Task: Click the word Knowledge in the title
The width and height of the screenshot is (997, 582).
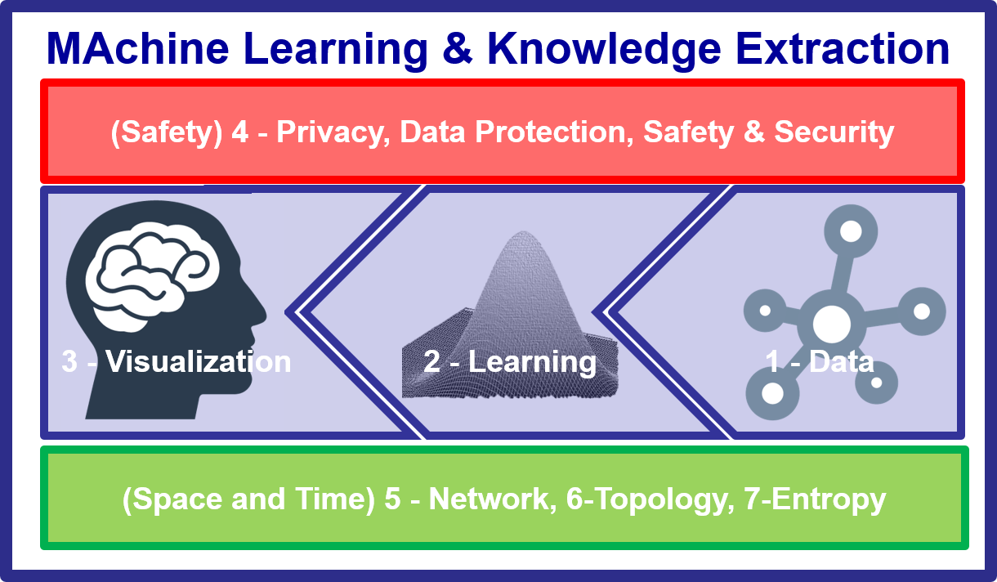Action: [x=605, y=49]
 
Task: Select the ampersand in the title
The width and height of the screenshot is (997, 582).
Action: [x=458, y=48]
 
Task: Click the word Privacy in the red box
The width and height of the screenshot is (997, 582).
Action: [x=333, y=132]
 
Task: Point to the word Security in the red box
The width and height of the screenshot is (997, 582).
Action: [x=834, y=132]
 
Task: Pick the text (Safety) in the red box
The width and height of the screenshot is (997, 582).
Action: [x=167, y=132]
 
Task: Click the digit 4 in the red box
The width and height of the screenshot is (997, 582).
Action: [x=240, y=132]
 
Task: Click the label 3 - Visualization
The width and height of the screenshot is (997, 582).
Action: [x=177, y=361]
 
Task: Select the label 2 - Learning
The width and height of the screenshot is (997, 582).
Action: [x=510, y=362]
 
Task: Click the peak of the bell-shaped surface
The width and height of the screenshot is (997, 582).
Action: [x=523, y=232]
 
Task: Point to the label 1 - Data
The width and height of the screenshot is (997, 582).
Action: [x=820, y=361]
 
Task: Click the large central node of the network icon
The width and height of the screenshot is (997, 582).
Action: [x=831, y=324]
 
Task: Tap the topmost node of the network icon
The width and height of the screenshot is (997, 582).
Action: [x=851, y=231]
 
